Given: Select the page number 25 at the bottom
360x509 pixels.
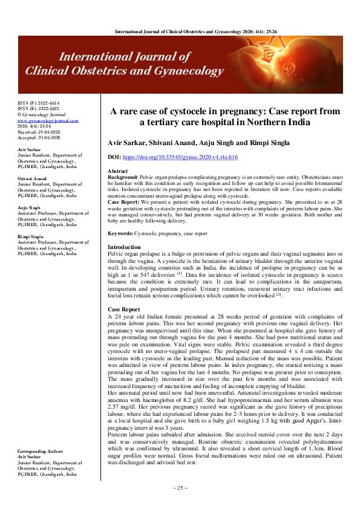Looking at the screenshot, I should coord(180,488).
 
